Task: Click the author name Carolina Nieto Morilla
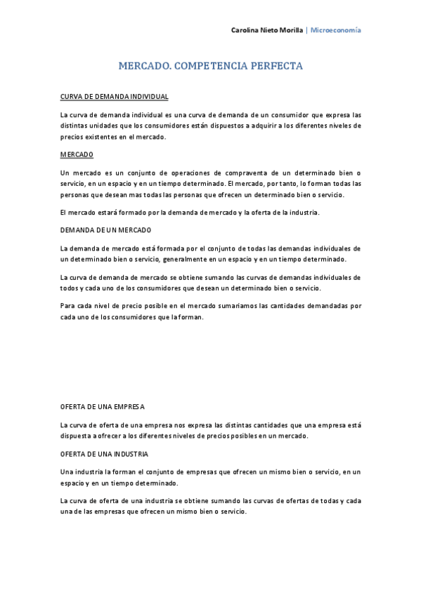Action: (x=267, y=30)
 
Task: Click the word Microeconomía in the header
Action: (x=336, y=30)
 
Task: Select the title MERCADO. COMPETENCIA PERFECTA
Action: (x=210, y=67)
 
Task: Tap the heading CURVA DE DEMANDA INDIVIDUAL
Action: (x=114, y=96)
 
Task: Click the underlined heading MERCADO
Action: (x=77, y=154)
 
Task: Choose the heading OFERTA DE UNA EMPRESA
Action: (x=103, y=406)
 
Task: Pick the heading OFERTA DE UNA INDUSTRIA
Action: (x=104, y=454)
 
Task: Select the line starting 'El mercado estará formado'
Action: (x=190, y=212)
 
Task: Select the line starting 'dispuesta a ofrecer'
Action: (x=184, y=436)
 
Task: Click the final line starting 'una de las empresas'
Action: (x=154, y=512)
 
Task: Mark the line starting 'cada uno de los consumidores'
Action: (x=132, y=317)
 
